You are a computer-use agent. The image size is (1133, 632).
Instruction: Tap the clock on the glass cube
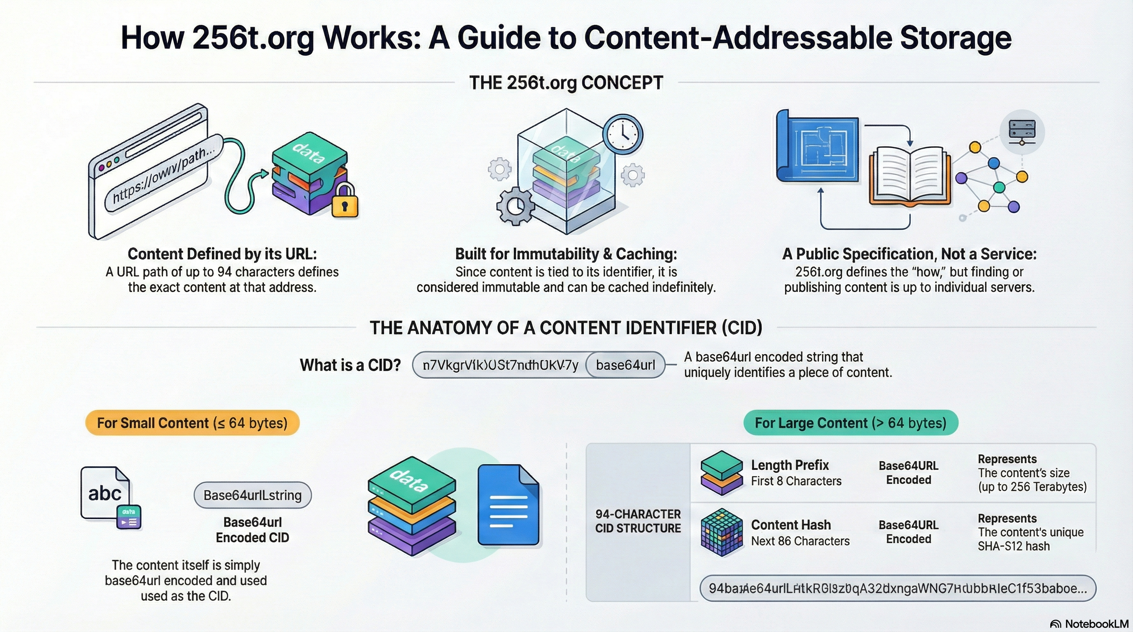[623, 134]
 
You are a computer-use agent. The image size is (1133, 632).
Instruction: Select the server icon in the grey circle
[1022, 131]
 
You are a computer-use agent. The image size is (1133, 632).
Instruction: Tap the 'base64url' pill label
[625, 365]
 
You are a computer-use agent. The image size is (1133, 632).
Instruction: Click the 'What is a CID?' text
[350, 365]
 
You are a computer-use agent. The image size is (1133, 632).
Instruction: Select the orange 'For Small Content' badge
[192, 423]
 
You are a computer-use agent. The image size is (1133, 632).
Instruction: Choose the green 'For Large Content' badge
[850, 423]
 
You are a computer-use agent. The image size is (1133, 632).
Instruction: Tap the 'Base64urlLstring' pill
[252, 495]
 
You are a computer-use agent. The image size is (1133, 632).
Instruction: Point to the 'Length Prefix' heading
[790, 465]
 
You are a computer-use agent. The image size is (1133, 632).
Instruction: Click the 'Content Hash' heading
[790, 525]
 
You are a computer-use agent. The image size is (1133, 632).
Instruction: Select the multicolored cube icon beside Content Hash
[721, 532]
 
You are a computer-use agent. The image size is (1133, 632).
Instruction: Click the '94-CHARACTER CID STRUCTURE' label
[638, 521]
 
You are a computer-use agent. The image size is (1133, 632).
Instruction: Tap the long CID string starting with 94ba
[897, 588]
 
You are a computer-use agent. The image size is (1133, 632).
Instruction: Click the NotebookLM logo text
[1096, 624]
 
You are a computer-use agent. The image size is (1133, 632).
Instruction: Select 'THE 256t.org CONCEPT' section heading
[566, 83]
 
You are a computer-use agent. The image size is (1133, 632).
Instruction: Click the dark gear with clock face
[515, 206]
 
